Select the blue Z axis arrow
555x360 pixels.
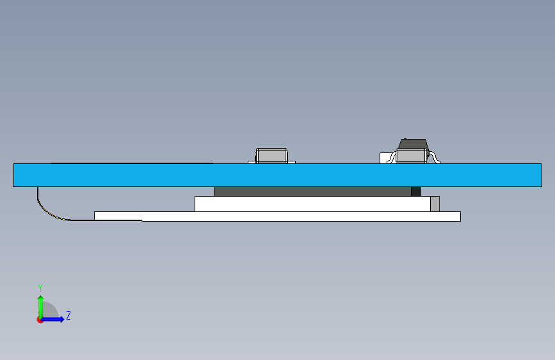(54, 319)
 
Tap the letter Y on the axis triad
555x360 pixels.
(40, 288)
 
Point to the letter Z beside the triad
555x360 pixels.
(68, 316)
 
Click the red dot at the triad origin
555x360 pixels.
(40, 320)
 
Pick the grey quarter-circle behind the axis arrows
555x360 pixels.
(51, 311)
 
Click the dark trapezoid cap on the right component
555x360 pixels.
(412, 143)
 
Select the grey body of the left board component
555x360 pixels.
(271, 156)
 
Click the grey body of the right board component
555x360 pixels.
(412, 156)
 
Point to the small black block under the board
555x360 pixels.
(415, 192)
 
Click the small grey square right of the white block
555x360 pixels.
(435, 204)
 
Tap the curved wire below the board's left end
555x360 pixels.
(45, 208)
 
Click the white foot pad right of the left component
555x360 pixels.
(292, 161)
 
